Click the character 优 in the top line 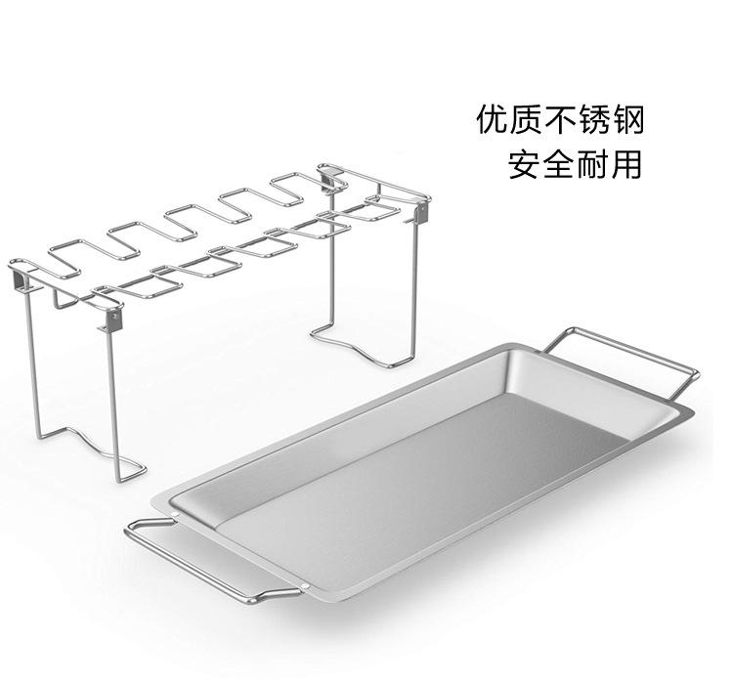point(493,120)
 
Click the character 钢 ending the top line point(628,120)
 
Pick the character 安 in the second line point(525,162)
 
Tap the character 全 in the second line point(559,162)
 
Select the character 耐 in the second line point(593,162)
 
